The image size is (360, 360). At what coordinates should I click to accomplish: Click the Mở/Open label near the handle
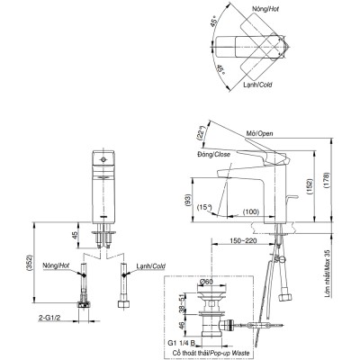click(260, 133)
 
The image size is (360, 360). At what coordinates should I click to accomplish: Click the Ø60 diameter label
click(205, 282)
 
